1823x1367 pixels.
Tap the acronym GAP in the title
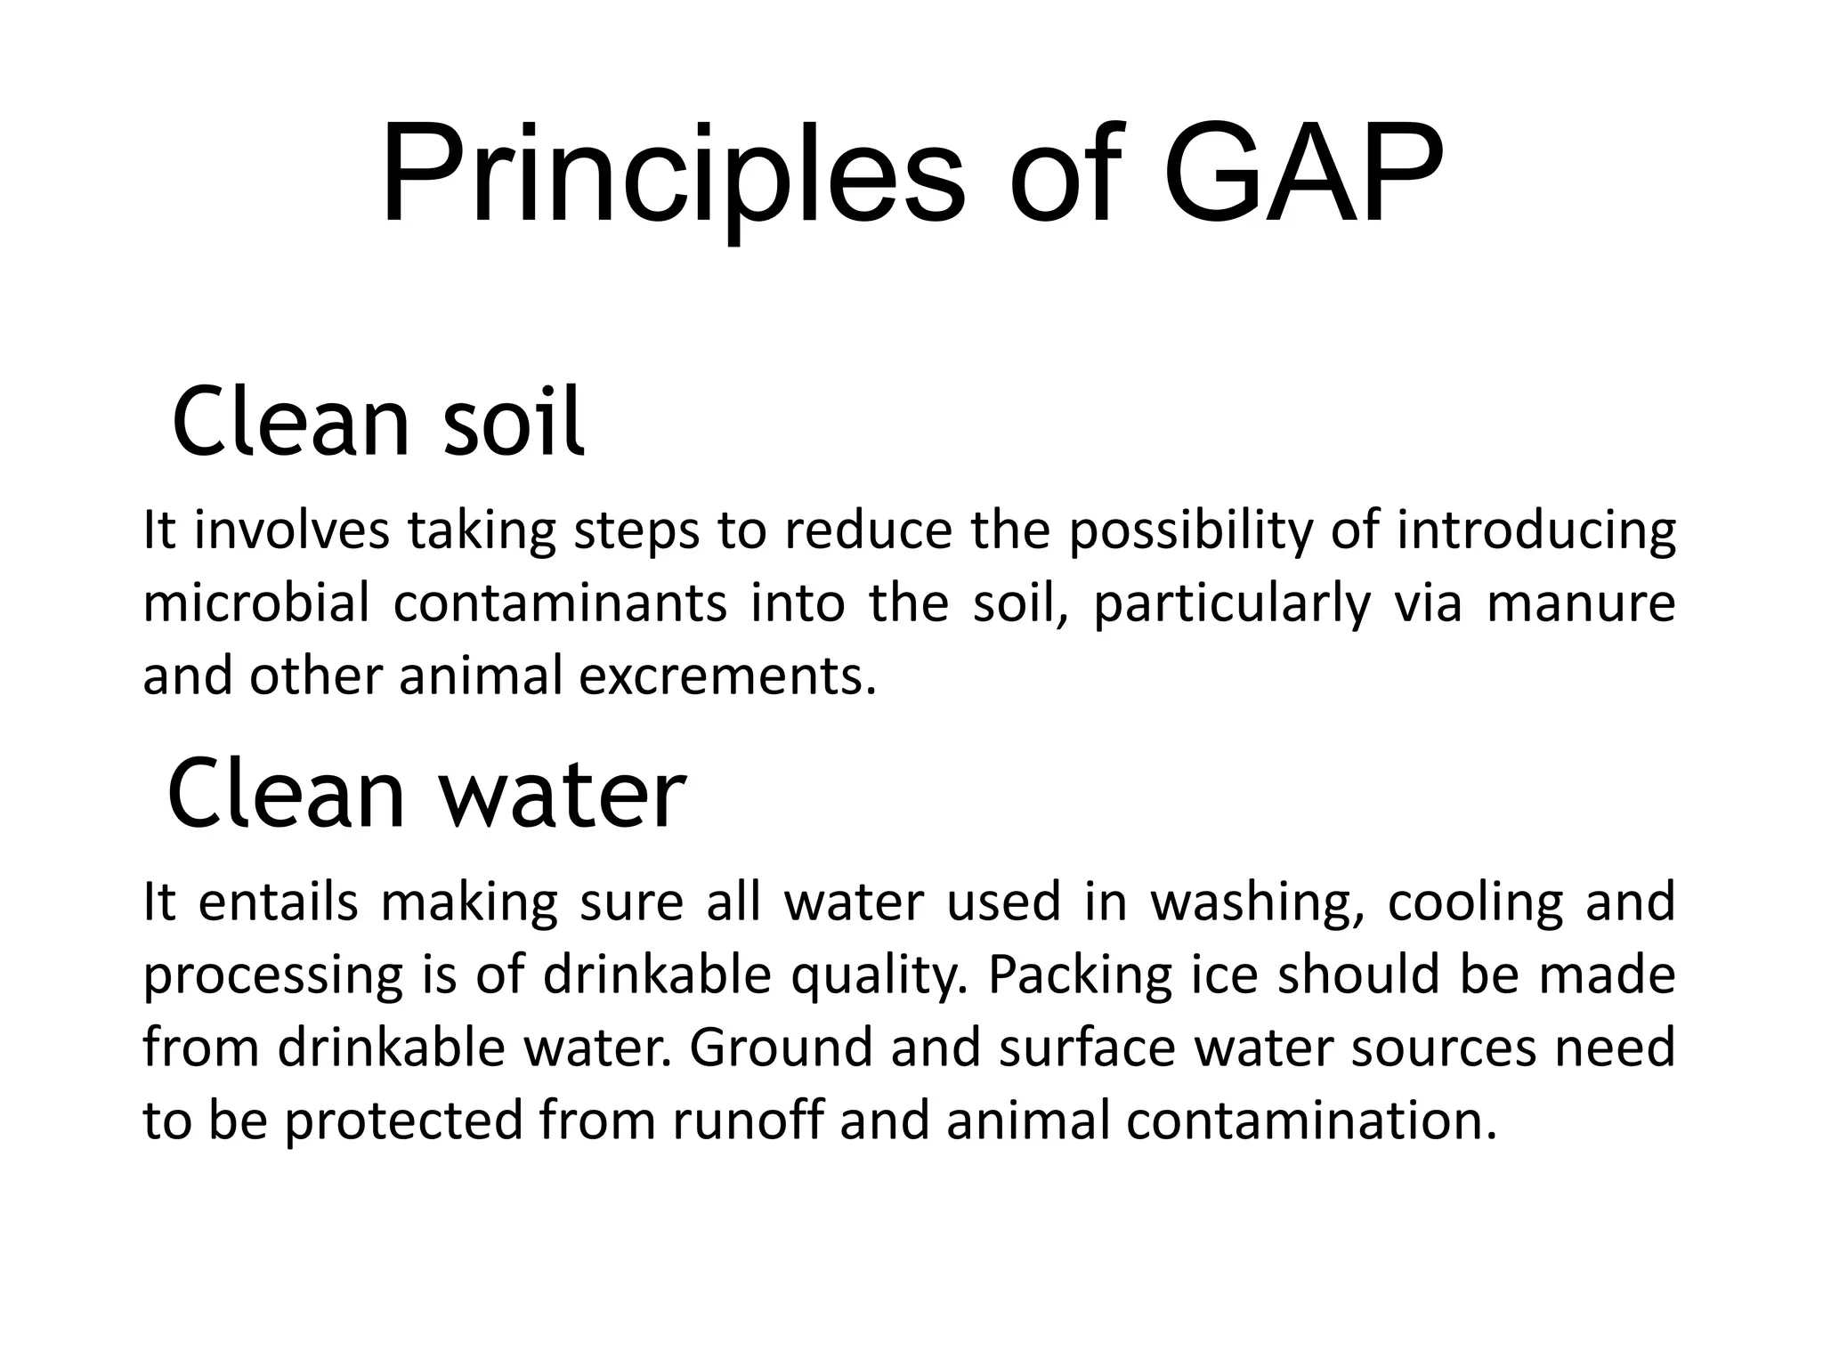coord(1301,176)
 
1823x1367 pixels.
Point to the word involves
coord(292,530)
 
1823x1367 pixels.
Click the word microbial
coord(255,603)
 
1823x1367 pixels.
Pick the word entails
coord(278,902)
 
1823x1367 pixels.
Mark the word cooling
coord(1476,902)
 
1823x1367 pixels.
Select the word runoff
coord(746,1121)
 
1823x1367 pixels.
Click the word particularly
coord(1232,603)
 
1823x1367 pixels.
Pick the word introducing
coord(1536,530)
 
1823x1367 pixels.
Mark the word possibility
coord(1190,530)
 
